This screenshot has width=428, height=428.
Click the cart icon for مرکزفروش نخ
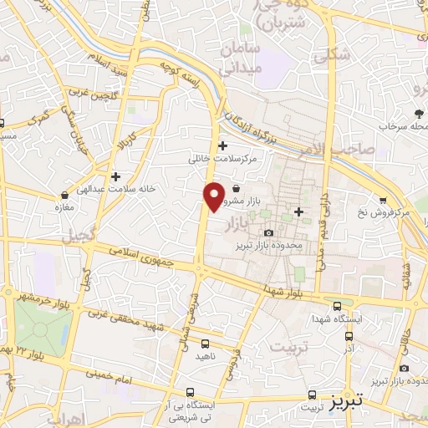point(383,200)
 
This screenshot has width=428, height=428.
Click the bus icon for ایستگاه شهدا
point(336,306)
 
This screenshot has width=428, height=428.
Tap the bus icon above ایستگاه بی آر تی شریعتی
point(191,391)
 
